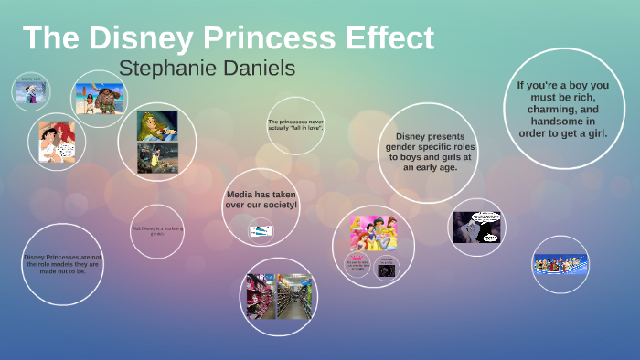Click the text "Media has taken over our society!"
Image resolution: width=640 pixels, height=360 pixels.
[x=261, y=199]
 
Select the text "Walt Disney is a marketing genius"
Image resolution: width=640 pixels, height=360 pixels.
[x=156, y=230]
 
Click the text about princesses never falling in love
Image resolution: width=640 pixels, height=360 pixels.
[x=296, y=123]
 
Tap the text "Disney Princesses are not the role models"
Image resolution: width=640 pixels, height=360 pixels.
[x=63, y=264]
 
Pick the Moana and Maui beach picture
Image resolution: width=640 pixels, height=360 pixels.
[x=99, y=97]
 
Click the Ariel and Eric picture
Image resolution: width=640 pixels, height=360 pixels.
[x=56, y=142]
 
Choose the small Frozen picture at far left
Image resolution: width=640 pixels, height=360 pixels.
[x=31, y=91]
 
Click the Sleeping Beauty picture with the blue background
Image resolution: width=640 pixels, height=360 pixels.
[x=157, y=126]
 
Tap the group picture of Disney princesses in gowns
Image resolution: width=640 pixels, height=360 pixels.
[x=373, y=233]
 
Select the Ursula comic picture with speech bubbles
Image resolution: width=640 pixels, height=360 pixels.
[x=477, y=227]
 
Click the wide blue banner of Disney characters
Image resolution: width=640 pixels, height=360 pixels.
[x=560, y=265]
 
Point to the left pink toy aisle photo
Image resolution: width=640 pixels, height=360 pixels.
[x=261, y=296]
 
